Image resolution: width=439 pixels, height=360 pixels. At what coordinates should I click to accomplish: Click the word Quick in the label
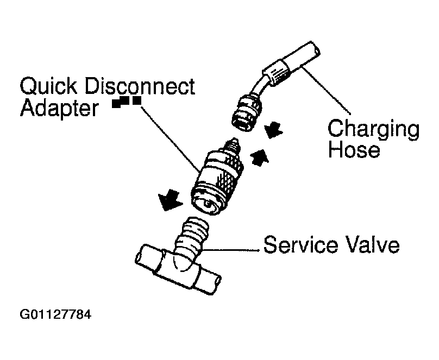click(48, 86)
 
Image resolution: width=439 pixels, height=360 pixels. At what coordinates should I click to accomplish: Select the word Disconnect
click(139, 86)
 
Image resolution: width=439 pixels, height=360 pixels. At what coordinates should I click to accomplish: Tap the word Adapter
click(60, 109)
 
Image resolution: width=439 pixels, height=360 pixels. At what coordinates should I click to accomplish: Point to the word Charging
click(373, 130)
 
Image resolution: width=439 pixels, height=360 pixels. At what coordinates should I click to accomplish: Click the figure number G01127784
click(55, 314)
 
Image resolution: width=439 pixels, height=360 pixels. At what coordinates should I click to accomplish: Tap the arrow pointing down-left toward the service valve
click(169, 200)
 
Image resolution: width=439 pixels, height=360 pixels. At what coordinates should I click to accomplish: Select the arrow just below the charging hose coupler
click(273, 130)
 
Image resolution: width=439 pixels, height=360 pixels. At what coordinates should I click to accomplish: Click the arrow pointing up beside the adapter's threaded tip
click(259, 158)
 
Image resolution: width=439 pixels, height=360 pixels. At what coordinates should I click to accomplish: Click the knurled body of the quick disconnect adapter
click(216, 182)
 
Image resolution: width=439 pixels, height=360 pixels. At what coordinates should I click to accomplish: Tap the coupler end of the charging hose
click(247, 113)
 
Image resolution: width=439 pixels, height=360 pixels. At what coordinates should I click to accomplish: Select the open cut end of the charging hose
click(316, 50)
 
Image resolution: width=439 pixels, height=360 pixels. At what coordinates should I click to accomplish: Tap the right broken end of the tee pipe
click(216, 284)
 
